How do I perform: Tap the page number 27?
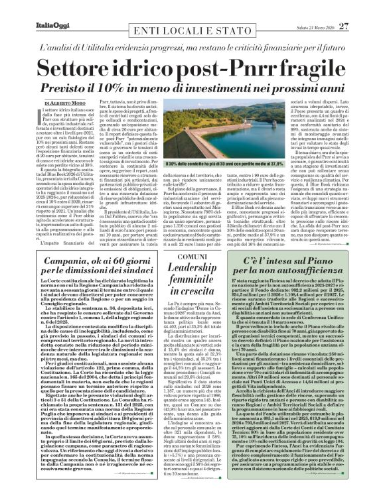click(x=362, y=8)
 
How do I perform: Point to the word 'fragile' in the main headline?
click(x=302, y=66)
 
